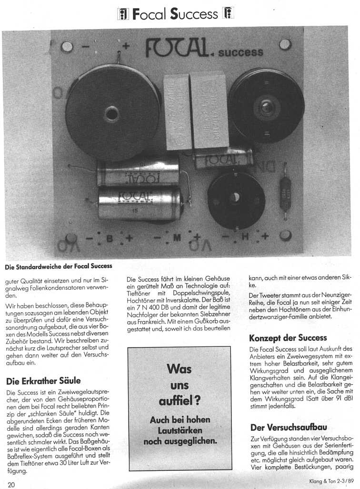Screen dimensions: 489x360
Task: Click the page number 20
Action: tap(11, 484)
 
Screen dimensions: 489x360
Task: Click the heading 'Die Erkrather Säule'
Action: tap(43, 381)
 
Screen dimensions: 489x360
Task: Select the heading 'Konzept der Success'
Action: tap(288, 337)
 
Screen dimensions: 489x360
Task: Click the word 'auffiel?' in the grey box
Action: tap(179, 400)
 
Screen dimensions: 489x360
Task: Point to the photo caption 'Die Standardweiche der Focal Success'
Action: tap(59, 266)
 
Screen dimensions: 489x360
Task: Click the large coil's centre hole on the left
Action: tap(112, 114)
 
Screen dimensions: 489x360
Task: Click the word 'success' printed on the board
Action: tap(240, 51)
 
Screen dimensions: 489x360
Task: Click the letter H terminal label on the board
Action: tap(245, 236)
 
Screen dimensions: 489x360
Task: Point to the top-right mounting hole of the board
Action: tap(285, 44)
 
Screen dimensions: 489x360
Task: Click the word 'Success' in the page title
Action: tap(195, 14)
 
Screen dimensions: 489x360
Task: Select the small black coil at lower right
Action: tap(236, 198)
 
